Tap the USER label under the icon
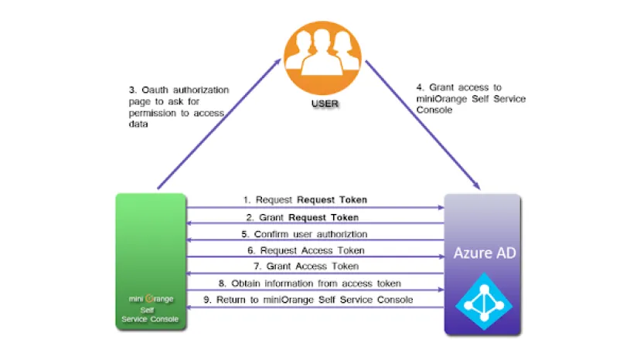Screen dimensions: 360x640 (x=319, y=103)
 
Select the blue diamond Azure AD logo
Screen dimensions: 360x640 (x=482, y=301)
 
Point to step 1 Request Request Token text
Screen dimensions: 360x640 (x=311, y=199)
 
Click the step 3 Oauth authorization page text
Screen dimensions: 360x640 (x=178, y=107)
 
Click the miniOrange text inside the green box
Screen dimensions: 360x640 (x=151, y=298)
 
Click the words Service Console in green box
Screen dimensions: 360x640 (x=151, y=319)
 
